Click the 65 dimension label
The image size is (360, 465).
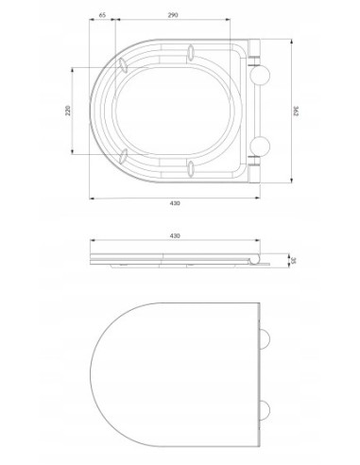coord(102,14)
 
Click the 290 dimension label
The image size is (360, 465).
coord(173,14)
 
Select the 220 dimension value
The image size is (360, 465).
coord(68,111)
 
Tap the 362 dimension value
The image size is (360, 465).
coord(296,111)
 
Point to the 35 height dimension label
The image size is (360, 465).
coord(293,261)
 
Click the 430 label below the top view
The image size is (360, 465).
coord(175,203)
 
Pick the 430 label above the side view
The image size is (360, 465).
coord(175,235)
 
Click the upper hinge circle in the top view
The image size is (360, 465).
coord(260,75)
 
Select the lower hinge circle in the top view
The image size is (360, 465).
coord(260,146)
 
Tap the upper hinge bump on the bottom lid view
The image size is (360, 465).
coord(265,339)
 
